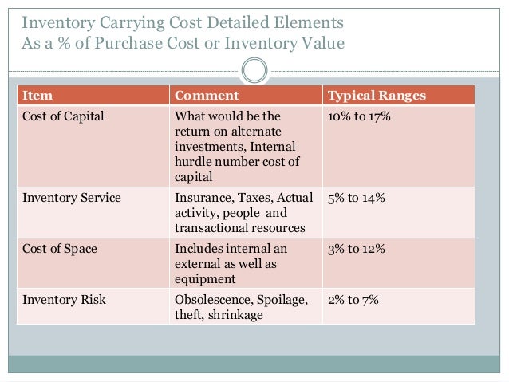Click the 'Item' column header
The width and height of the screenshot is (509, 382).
pos(37,96)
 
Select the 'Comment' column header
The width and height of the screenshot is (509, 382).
pos(206,96)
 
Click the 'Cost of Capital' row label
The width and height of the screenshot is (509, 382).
pos(63,116)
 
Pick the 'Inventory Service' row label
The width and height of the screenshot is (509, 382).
pos(71,198)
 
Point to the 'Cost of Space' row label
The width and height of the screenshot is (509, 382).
pos(59,249)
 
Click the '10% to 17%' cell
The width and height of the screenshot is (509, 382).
pos(359,116)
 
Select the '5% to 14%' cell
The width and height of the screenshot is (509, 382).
pos(357,198)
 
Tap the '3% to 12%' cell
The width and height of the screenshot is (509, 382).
pos(357,249)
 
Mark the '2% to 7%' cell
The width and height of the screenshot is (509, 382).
pos(353,300)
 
